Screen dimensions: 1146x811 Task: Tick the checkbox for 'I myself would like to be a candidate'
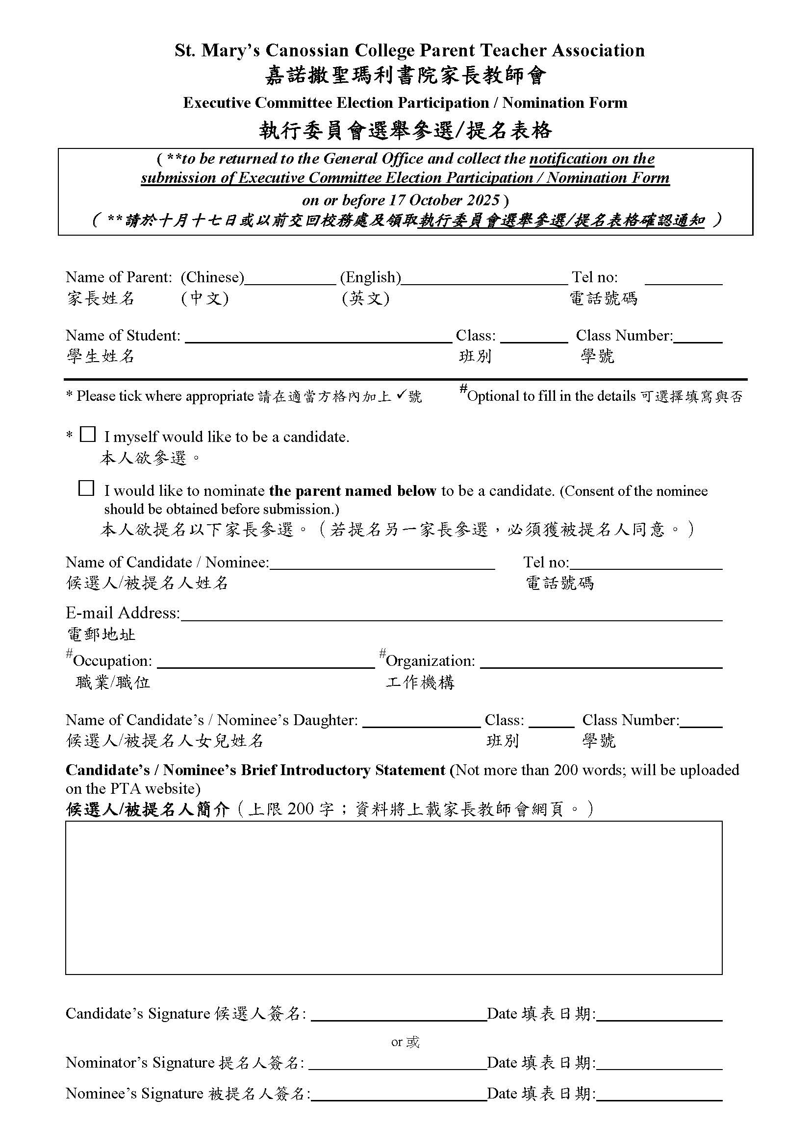point(87,434)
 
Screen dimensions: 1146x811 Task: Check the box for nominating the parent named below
point(86,488)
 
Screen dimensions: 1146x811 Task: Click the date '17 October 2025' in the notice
point(444,200)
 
